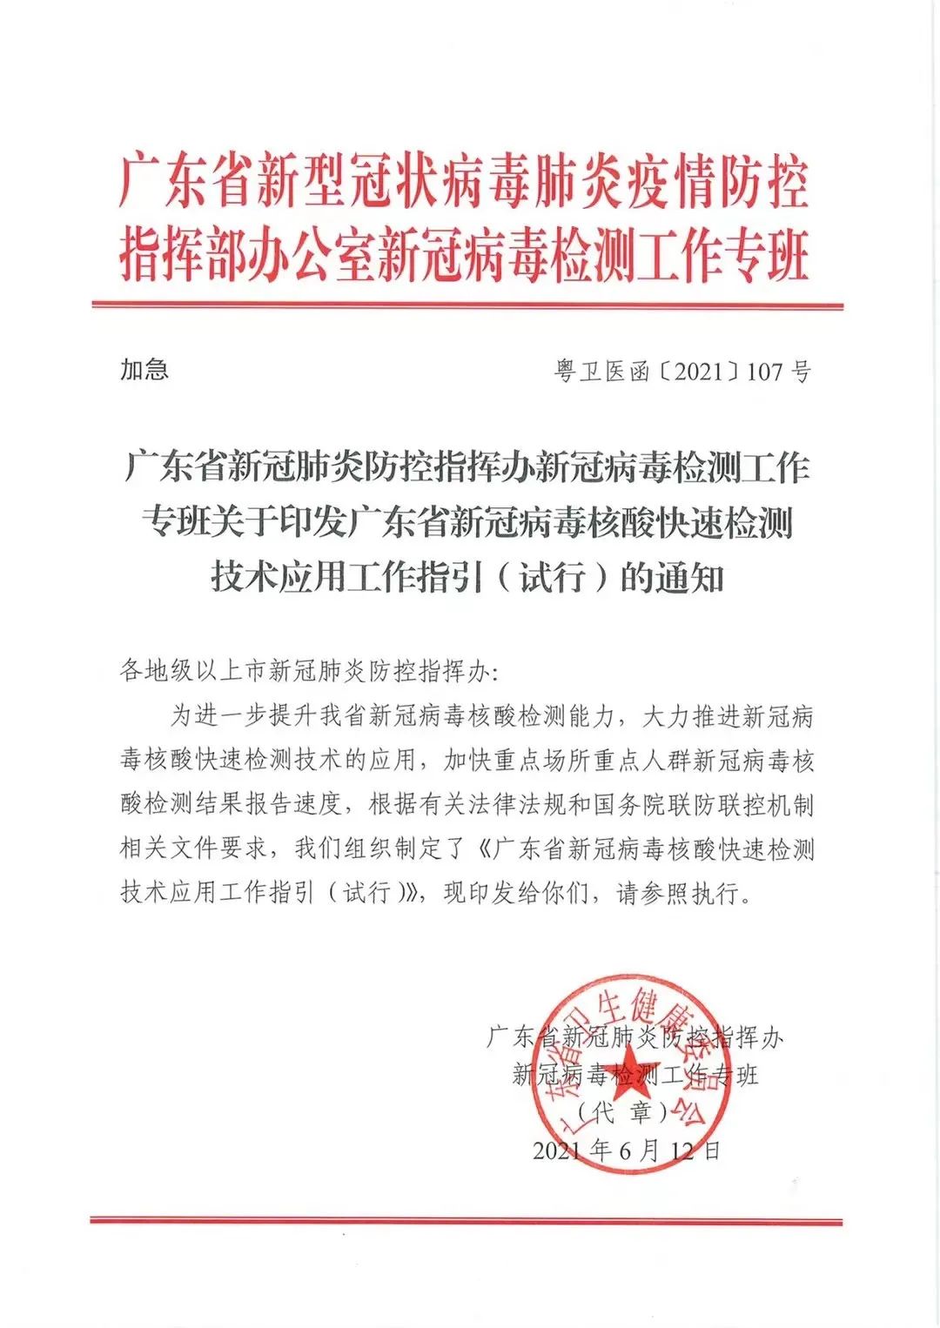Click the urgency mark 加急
[144, 369]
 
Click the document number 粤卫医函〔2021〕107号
[682, 372]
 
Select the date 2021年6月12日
[627, 1150]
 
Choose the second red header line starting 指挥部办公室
[464, 255]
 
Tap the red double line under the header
[467, 306]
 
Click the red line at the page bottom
[467, 1220]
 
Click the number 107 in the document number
[765, 372]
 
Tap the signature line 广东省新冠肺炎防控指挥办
[634, 1036]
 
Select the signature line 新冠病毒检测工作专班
[635, 1075]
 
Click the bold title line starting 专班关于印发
[467, 524]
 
